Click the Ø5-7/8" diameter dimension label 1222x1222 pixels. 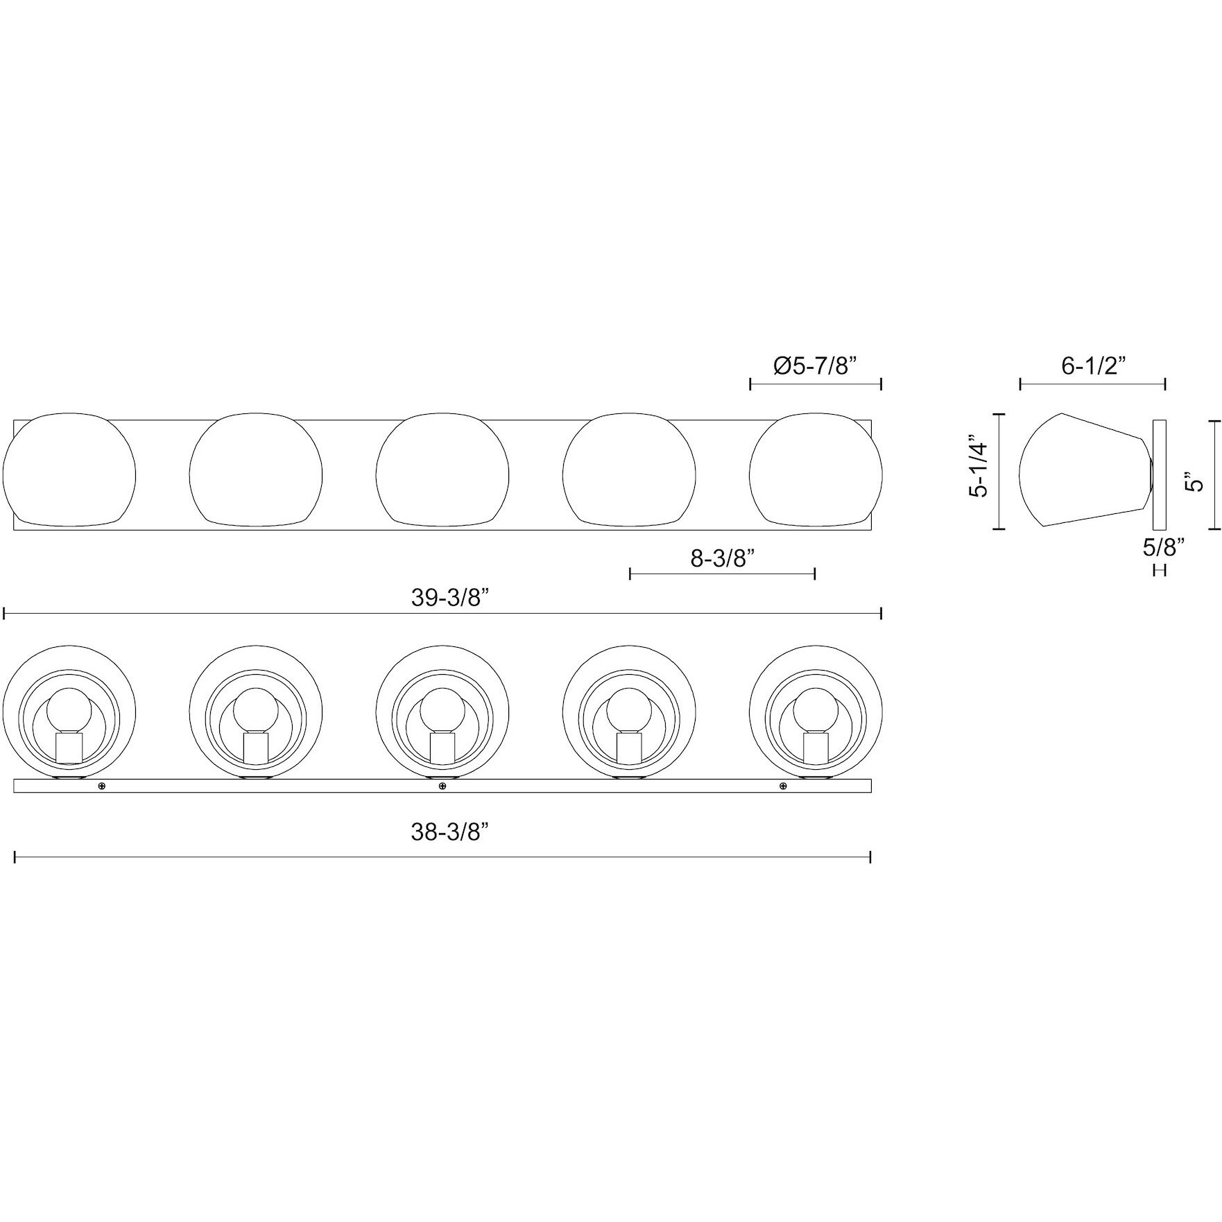point(815,365)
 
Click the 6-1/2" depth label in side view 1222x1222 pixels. point(1093,365)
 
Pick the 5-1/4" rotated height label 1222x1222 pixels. point(979,467)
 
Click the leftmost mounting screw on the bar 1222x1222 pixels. point(102,786)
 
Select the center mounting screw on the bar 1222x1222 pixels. point(442,786)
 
